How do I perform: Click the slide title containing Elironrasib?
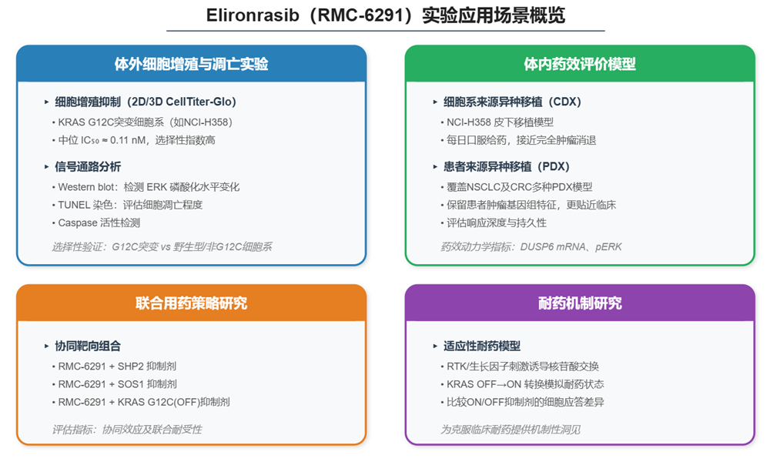click(386, 15)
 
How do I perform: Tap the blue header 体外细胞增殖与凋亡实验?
click(192, 64)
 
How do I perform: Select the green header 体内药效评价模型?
click(580, 64)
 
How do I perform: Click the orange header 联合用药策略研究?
click(192, 303)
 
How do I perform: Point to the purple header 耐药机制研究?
click(580, 303)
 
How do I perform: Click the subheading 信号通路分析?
click(88, 167)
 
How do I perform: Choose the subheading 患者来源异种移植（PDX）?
click(507, 167)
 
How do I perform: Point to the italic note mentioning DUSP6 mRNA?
click(531, 247)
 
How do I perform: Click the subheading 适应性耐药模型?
click(482, 346)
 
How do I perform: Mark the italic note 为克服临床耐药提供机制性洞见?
click(511, 430)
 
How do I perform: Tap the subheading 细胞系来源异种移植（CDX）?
click(512, 102)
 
